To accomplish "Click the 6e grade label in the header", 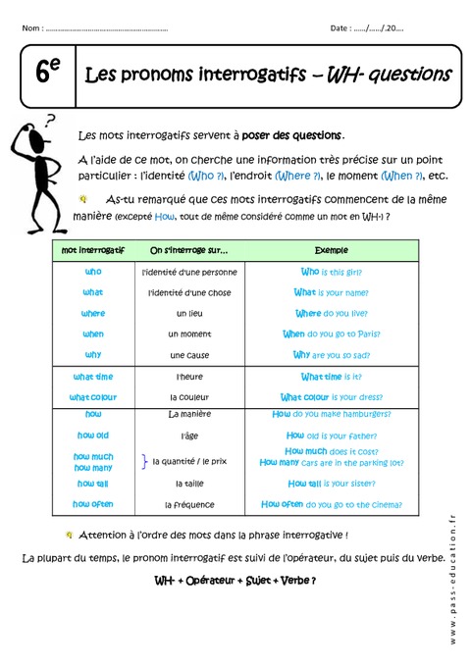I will pyautogui.click(x=47, y=75).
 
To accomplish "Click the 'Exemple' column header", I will pyautogui.click(x=332, y=250).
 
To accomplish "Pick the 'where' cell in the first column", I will pyautogui.click(x=93, y=313).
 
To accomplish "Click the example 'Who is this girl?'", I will pyautogui.click(x=332, y=272).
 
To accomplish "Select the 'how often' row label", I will pyautogui.click(x=93, y=503).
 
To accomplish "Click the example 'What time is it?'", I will pyautogui.click(x=332, y=377).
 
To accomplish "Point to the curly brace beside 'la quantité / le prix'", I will pyautogui.click(x=144, y=461).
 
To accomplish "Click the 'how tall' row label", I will pyautogui.click(x=93, y=483).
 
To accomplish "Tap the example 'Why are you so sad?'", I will pyautogui.click(x=332, y=354).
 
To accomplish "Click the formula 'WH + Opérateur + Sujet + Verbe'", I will pyautogui.click(x=235, y=580).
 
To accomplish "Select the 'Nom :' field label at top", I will pyautogui.click(x=32, y=28).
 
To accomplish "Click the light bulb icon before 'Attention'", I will pyautogui.click(x=68, y=536).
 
